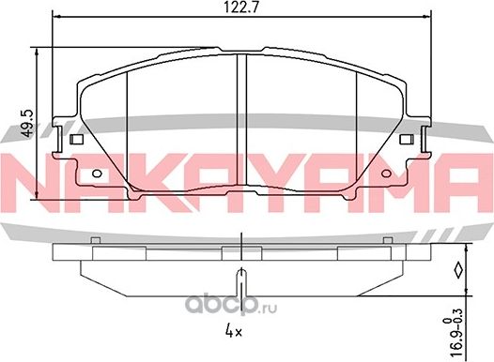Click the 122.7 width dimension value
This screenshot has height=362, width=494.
(241, 8)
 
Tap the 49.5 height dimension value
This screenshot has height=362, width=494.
(28, 123)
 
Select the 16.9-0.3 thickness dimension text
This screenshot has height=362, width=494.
(455, 332)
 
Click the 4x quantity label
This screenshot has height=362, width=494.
(234, 331)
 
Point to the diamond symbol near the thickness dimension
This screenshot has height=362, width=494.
(458, 270)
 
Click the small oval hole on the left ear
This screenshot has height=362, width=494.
(97, 173)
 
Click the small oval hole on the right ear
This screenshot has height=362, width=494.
(386, 173)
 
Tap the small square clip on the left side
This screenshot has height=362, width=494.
(76, 139)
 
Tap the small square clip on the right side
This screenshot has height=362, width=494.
(407, 139)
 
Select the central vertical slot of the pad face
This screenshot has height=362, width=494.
(241, 119)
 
